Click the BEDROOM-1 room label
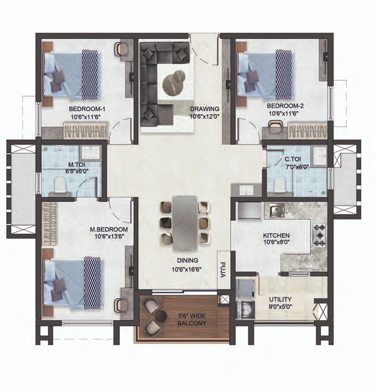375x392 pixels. point(87,109)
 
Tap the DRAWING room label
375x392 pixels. point(205,109)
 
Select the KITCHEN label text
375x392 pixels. point(276,236)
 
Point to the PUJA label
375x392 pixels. point(223,270)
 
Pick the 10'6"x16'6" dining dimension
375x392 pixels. point(187,269)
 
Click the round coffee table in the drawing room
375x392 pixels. point(174,83)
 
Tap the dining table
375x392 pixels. point(185,223)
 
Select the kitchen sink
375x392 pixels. point(276,211)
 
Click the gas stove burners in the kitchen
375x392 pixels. point(320,235)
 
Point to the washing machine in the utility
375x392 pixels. point(245,309)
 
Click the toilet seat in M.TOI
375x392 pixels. point(60,184)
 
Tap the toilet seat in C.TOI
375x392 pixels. point(280,185)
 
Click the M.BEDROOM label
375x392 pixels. point(109,229)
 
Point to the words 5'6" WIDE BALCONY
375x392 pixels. point(192,319)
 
